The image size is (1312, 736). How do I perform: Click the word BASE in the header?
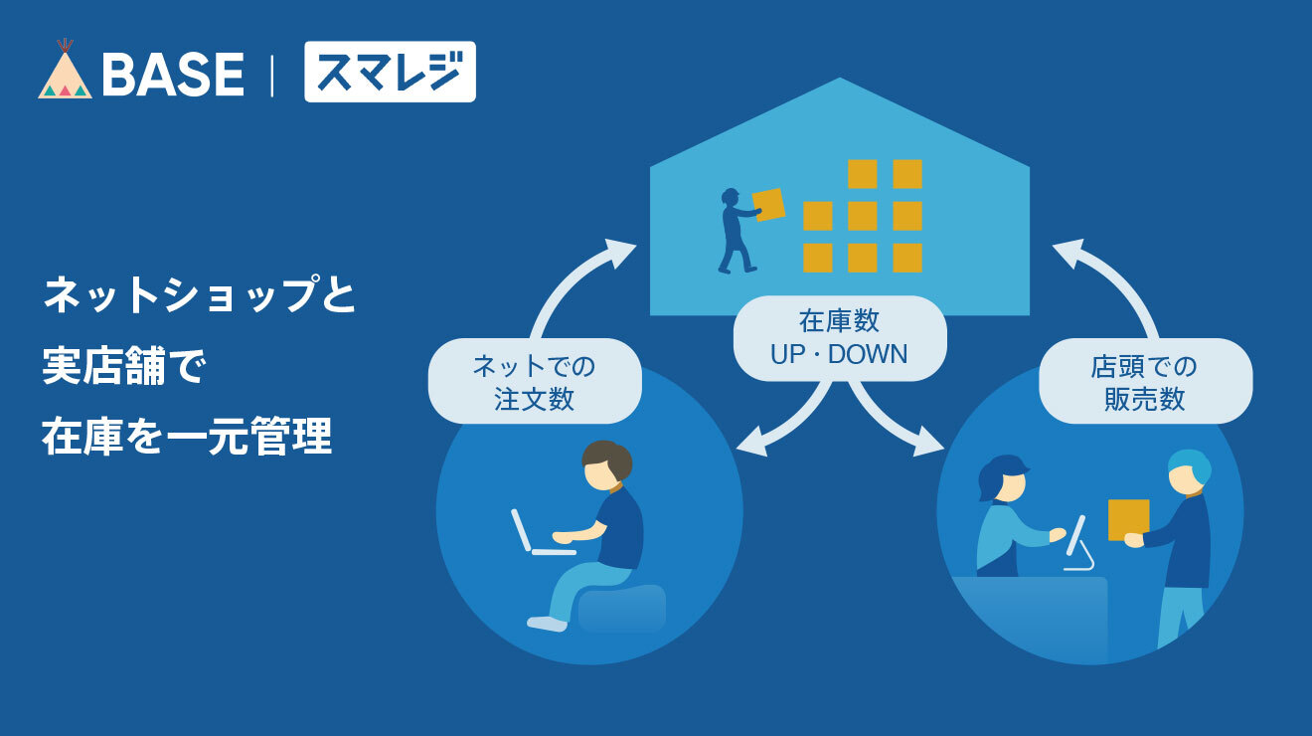click(x=173, y=74)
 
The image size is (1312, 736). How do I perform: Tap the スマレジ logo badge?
click(x=390, y=72)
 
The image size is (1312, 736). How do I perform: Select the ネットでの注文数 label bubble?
click(x=535, y=381)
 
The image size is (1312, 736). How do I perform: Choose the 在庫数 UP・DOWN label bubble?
click(x=840, y=338)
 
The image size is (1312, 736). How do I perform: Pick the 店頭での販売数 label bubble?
click(x=1145, y=381)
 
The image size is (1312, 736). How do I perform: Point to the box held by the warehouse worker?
click(x=768, y=204)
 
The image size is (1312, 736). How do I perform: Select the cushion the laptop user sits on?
click(x=622, y=608)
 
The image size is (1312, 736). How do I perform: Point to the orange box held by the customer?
click(x=1129, y=520)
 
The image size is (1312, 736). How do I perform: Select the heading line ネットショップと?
click(x=200, y=294)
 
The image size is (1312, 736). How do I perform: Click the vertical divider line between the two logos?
click(x=272, y=75)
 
